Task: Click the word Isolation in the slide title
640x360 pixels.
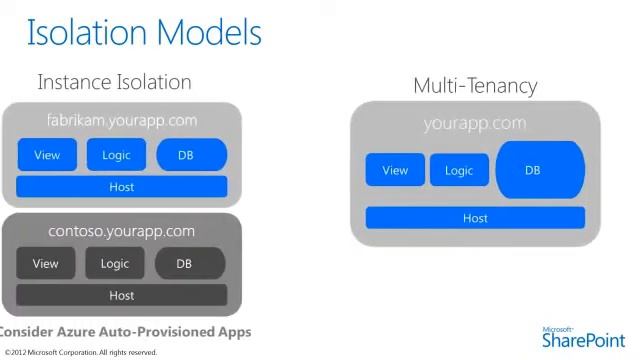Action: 82,32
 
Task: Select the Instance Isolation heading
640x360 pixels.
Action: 114,82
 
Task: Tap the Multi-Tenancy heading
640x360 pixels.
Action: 475,85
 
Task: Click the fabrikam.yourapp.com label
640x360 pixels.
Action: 122,120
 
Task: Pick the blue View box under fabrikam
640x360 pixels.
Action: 47,155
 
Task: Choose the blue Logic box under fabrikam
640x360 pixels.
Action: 116,155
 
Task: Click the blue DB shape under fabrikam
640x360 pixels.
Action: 191,155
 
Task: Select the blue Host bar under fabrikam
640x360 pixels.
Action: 122,187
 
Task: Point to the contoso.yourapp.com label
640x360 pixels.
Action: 122,231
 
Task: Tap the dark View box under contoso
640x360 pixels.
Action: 46,264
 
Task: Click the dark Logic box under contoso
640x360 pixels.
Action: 115,264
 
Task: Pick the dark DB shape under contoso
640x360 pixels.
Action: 189,264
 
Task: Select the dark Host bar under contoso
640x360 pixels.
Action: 122,295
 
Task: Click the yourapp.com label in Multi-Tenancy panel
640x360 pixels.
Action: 475,124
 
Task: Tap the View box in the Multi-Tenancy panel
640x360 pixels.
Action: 395,170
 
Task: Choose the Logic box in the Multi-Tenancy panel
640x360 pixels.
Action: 459,170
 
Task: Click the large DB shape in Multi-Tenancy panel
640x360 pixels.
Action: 540,170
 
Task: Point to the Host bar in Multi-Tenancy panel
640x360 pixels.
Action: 475,218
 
